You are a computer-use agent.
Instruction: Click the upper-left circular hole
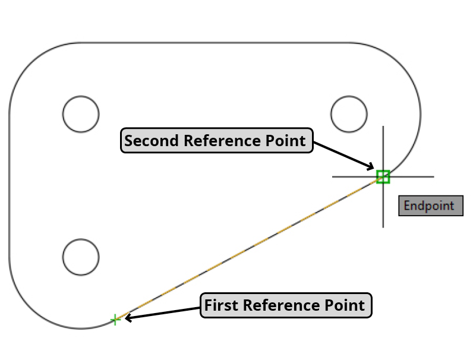click(x=81, y=113)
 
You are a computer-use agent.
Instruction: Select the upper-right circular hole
click(x=349, y=113)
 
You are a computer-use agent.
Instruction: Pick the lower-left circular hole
click(x=81, y=257)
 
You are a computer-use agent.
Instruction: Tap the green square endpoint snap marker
click(x=383, y=176)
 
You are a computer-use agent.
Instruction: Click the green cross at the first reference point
click(x=115, y=320)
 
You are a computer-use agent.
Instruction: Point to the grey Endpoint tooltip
click(x=430, y=206)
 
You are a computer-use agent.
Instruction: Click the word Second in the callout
click(x=152, y=141)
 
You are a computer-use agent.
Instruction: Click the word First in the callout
click(x=222, y=305)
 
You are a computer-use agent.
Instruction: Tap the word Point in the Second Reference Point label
click(x=287, y=141)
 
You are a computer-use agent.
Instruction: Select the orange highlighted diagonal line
click(x=250, y=248)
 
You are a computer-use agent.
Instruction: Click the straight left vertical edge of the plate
click(x=9, y=184)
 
